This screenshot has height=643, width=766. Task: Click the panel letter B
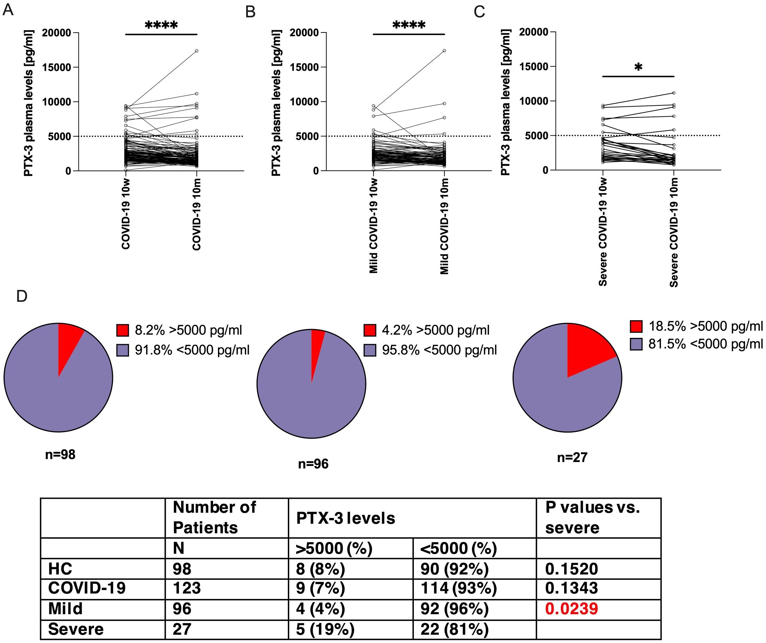pyautogui.click(x=250, y=12)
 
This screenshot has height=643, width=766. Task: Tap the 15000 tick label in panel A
pyautogui.click(x=56, y=67)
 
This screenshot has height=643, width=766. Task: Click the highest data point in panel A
pyautogui.click(x=197, y=51)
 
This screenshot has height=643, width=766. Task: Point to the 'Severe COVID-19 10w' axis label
pyautogui.click(x=603, y=232)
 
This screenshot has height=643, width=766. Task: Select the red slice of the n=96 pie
pyautogui.click(x=316, y=347)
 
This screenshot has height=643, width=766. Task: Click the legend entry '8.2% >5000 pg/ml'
pyautogui.click(x=179, y=330)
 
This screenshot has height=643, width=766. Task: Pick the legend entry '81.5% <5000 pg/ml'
pyautogui.click(x=696, y=344)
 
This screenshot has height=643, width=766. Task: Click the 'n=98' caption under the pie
pyautogui.click(x=60, y=455)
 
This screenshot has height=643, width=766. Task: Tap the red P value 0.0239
pyautogui.click(x=572, y=609)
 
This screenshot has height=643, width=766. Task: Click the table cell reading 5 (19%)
pyautogui.click(x=325, y=629)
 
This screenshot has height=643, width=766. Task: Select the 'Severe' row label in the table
pyautogui.click(x=76, y=629)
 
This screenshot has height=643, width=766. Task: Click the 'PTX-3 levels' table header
pyautogui.click(x=346, y=518)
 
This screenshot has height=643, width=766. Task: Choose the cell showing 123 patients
pyautogui.click(x=187, y=588)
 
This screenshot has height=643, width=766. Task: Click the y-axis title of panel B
pyautogui.click(x=276, y=103)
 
